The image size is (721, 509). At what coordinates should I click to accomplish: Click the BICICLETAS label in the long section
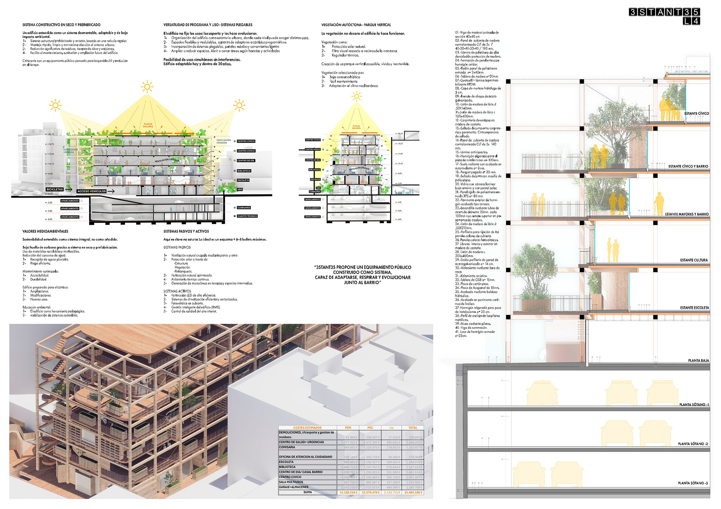pyautogui.click(x=54, y=189)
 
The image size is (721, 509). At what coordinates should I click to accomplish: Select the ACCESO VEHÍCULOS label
pyautogui.click(x=92, y=191)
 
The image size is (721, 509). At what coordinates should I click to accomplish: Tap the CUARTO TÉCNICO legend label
pyautogui.click(x=247, y=216)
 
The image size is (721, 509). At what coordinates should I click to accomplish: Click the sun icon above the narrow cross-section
pyautogui.click(x=356, y=96)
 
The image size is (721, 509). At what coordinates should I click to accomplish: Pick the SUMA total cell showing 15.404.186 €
pyautogui.click(x=413, y=492)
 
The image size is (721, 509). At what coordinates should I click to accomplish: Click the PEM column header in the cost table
pyautogui.click(x=348, y=428)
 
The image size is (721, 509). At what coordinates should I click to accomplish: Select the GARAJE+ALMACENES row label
pyautogui.click(x=294, y=487)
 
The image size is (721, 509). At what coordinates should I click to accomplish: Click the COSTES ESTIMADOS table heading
pyautogui.click(x=307, y=428)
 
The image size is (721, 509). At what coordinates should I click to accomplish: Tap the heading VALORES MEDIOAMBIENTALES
pyautogui.click(x=45, y=232)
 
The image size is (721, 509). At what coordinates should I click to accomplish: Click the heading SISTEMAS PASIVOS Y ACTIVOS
pyautogui.click(x=186, y=232)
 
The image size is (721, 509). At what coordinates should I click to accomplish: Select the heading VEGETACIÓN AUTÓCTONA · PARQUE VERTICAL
pyautogui.click(x=356, y=25)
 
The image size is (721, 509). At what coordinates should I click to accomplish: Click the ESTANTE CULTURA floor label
pyautogui.click(x=694, y=260)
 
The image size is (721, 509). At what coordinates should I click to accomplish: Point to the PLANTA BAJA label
pyautogui.click(x=698, y=361)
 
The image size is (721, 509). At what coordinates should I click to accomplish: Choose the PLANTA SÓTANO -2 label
pyautogui.click(x=693, y=444)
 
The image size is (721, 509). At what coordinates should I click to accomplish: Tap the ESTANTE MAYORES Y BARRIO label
pyautogui.click(x=687, y=214)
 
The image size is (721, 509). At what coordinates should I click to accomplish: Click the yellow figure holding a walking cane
pyautogui.click(x=659, y=204)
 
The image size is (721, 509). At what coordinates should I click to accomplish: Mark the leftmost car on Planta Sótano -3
pyautogui.click(x=529, y=474)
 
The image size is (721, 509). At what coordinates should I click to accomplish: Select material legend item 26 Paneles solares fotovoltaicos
pyautogui.click(x=477, y=240)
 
